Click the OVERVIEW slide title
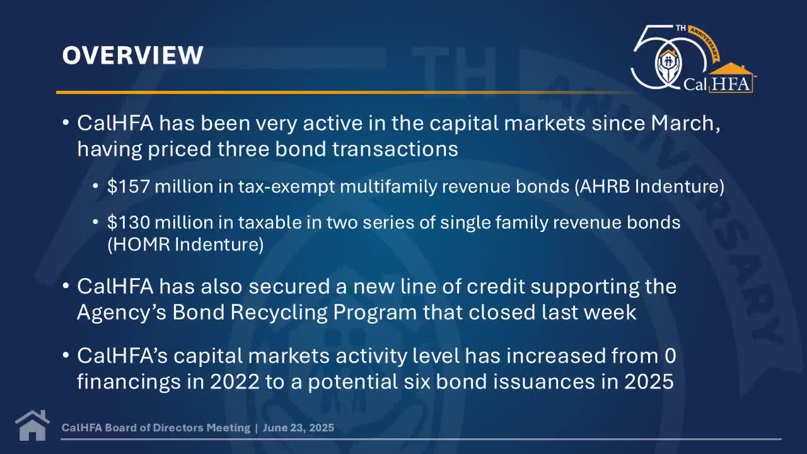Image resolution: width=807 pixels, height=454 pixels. (133, 55)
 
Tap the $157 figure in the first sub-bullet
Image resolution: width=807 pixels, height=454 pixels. (128, 187)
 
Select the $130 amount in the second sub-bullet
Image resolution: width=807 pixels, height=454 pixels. (128, 223)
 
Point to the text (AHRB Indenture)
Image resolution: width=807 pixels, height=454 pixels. (649, 187)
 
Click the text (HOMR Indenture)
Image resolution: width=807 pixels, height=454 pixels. (185, 244)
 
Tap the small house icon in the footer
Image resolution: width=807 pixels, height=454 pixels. (32, 426)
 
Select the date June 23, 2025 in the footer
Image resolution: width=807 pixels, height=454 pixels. (299, 428)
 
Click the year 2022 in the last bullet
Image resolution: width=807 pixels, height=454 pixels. (235, 381)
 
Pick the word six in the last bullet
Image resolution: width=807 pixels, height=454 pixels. (417, 381)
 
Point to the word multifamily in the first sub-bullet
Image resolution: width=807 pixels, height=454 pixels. (388, 187)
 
